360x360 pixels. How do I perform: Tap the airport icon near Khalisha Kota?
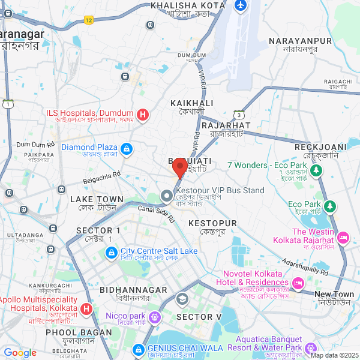pos(241,5)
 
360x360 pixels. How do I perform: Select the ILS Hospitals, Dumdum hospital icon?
pos(143,114)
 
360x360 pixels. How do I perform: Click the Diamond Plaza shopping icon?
pos(126,148)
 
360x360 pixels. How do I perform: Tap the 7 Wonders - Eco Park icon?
pos(319,170)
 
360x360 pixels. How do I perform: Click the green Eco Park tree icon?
pos(329,206)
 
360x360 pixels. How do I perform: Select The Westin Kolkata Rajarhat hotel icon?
pos(343,237)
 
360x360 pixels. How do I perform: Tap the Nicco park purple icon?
pos(155,316)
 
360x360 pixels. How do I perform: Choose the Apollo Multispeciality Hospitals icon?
pos(86,309)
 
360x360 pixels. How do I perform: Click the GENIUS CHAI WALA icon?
pos(139,349)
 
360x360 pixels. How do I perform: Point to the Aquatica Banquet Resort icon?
pos(310,348)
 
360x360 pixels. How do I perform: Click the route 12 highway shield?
pos(89,20)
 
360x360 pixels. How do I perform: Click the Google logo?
pos(20,353)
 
